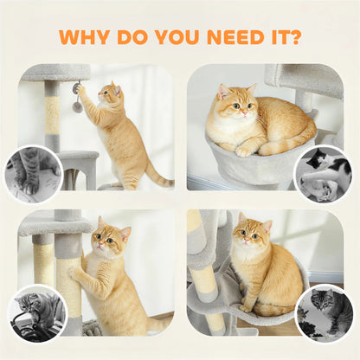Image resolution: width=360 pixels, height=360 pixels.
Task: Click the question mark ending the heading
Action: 295,37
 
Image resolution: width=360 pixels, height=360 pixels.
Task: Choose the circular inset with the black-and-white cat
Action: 323,174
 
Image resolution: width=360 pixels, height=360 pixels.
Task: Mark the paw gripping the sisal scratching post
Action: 73,272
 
